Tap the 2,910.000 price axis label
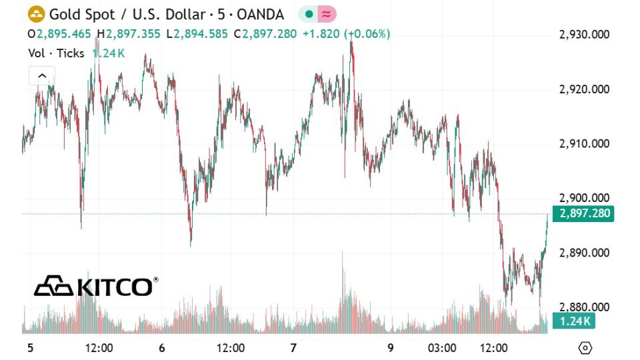coord(584,143)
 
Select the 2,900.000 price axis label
coord(584,198)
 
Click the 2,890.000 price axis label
coord(584,253)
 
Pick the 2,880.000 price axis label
coord(584,307)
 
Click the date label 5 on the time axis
coord(29,347)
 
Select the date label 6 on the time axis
coord(161,347)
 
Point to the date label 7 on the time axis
coord(293,347)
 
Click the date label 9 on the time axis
coord(391,347)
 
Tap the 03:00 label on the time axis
coord(442,347)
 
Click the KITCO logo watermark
coord(96,286)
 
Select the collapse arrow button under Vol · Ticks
coord(41,76)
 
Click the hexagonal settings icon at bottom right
coord(585,347)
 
